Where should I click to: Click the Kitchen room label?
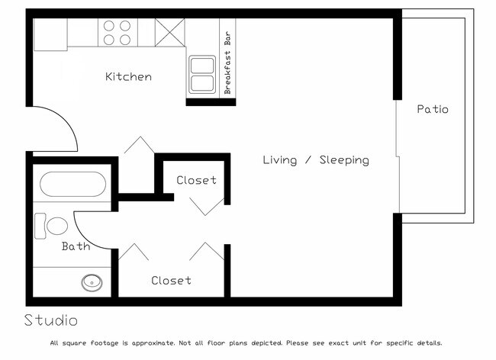point(128,77)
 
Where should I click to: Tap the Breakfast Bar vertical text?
point(227,63)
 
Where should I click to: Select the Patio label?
point(432,109)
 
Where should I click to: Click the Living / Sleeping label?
point(316,160)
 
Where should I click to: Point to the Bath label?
point(76,246)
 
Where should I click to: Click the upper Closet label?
point(196,181)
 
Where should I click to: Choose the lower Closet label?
point(171,281)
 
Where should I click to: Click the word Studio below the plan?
point(50,320)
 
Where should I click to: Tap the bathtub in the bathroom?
point(72,185)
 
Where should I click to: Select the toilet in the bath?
point(53,226)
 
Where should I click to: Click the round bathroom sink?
point(92,282)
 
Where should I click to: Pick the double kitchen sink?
point(202,75)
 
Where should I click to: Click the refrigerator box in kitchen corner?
point(50,34)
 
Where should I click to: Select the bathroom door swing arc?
point(85,223)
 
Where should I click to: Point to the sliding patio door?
point(398,156)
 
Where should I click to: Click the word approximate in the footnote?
point(152,343)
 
